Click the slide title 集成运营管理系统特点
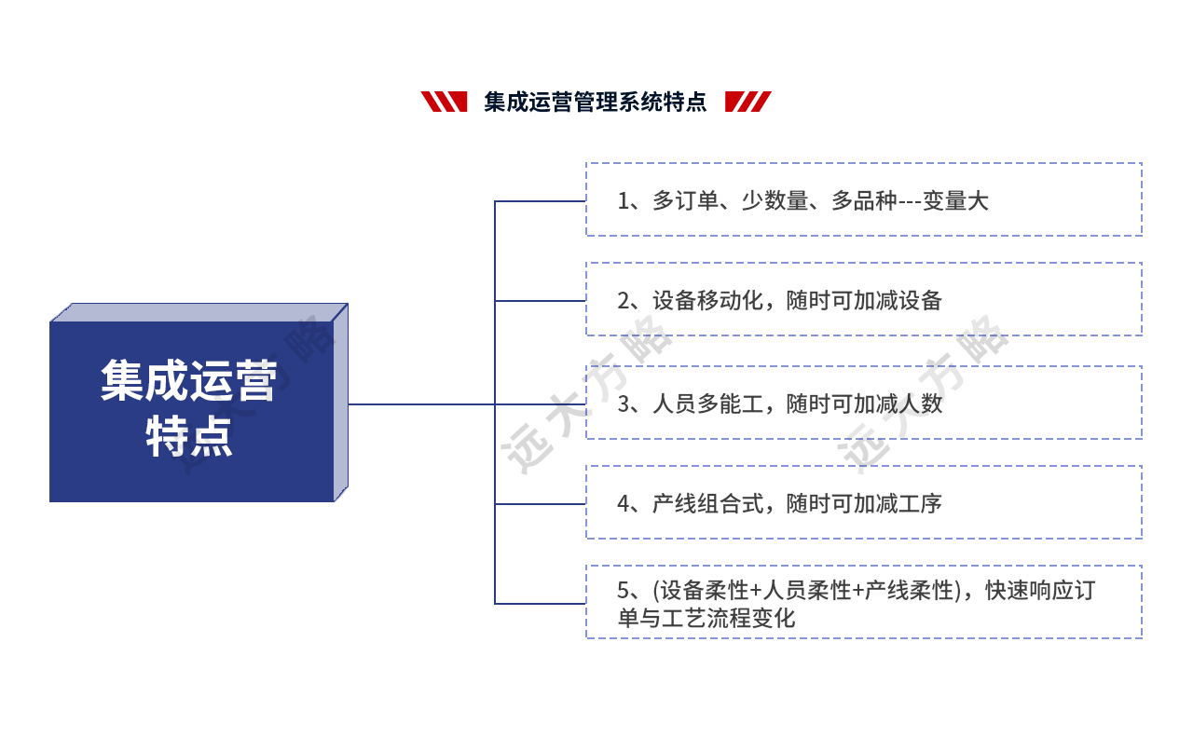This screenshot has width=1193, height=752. click(x=595, y=102)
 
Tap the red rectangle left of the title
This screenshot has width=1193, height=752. click(x=444, y=102)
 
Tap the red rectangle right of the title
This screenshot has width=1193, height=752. click(x=748, y=102)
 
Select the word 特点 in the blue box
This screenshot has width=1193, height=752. click(x=189, y=436)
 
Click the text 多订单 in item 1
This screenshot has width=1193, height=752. click(x=685, y=200)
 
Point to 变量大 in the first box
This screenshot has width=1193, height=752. click(x=954, y=200)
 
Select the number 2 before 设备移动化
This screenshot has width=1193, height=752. click(x=624, y=300)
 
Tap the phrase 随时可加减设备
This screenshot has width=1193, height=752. click(x=864, y=300)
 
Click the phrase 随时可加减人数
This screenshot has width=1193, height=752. click(x=864, y=403)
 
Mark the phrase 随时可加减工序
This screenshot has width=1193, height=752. click(x=864, y=503)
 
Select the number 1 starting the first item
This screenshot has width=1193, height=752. click(x=623, y=200)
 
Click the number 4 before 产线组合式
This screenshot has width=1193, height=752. click(x=624, y=503)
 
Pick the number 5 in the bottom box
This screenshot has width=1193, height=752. click(x=624, y=590)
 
